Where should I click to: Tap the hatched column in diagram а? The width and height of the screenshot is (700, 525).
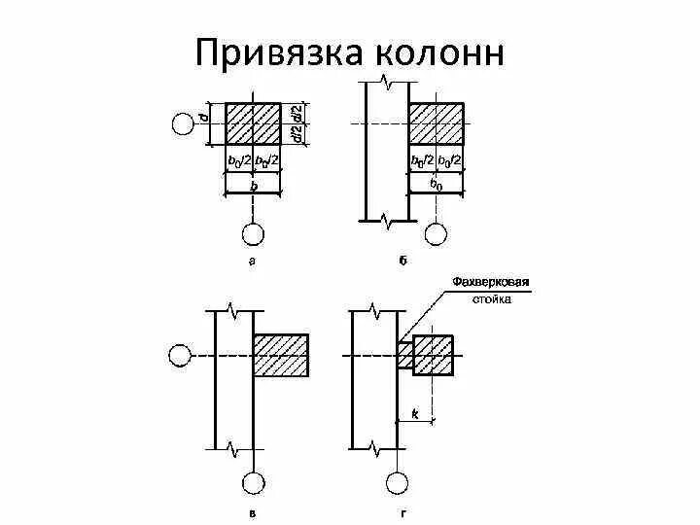pos(253,123)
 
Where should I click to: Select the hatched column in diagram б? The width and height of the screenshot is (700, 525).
pos(436,123)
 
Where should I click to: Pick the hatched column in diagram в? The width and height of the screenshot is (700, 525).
pos(281,355)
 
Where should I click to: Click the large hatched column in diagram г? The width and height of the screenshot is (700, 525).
pos(433,355)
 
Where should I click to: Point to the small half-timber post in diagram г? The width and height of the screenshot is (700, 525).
pos(404,355)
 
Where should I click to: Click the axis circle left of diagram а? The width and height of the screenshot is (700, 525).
pos(182,124)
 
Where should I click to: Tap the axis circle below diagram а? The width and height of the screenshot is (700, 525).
pos(253,234)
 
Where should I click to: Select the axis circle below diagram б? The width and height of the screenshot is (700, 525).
pos(437,234)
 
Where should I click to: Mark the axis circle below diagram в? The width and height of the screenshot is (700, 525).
pos(253,483)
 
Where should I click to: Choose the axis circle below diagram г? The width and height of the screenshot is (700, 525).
pos(397,483)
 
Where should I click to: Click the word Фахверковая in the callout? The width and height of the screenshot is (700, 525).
pos(490,283)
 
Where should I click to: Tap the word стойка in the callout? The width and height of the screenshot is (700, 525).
pos(492,299)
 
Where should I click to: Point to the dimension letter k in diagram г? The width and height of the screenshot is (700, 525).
pos(415,414)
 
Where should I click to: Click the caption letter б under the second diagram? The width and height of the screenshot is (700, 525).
pos(401,262)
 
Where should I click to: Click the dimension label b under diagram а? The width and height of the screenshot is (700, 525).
pos(253,184)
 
